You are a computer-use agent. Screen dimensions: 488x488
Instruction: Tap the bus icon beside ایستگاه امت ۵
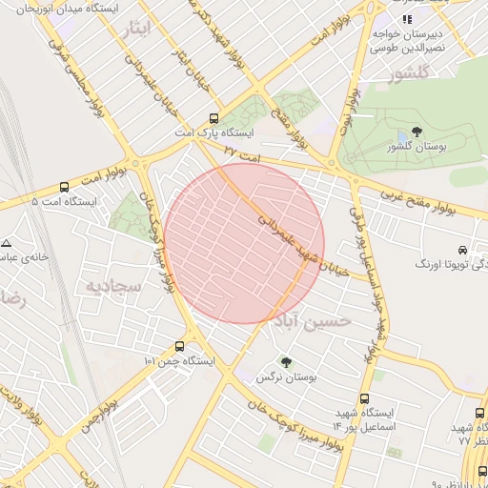pyautogui.click(x=64, y=188)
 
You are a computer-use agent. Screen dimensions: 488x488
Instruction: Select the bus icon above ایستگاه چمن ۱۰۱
pyautogui.click(x=180, y=347)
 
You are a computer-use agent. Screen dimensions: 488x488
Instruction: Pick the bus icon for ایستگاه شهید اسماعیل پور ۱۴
pyautogui.click(x=363, y=399)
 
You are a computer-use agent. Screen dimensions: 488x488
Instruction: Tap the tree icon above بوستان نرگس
pyautogui.click(x=285, y=362)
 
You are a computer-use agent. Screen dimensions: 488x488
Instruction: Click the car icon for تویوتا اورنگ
pyautogui.click(x=461, y=247)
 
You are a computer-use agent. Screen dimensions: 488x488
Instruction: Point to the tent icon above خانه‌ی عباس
pyautogui.click(x=7, y=244)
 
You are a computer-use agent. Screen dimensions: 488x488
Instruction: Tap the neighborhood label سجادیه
pyautogui.click(x=113, y=285)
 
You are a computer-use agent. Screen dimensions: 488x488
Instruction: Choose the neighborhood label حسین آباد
pyautogui.click(x=313, y=322)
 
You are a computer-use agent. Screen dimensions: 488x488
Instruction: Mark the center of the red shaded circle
pyautogui.click(x=243, y=243)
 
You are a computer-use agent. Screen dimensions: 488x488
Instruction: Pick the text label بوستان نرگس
pyautogui.click(x=285, y=378)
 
